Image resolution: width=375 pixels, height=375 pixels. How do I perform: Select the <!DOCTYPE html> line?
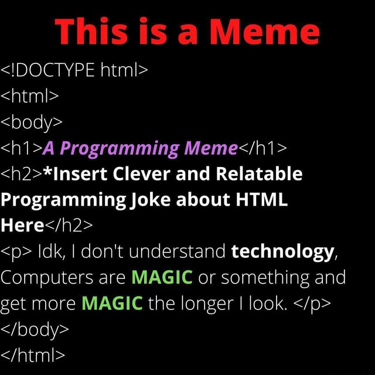point(76,71)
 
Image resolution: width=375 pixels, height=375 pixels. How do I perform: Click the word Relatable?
point(260,174)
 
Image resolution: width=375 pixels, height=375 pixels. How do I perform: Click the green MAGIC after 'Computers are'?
point(162,277)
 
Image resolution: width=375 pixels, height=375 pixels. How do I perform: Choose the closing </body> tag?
point(35,329)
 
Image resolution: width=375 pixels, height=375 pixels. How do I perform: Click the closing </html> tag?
point(33,354)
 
